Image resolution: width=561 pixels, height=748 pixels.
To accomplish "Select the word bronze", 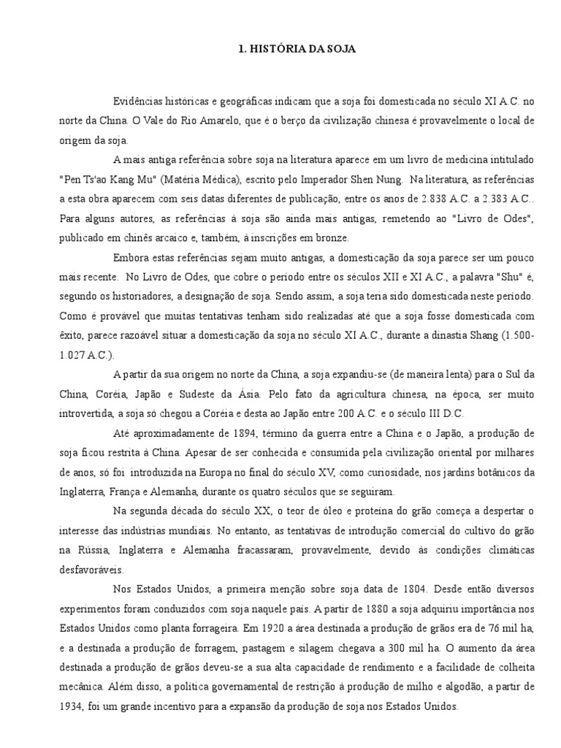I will pyautogui.click(x=335, y=237).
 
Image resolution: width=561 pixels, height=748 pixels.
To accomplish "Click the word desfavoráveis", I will pyautogui.click(x=94, y=569).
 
